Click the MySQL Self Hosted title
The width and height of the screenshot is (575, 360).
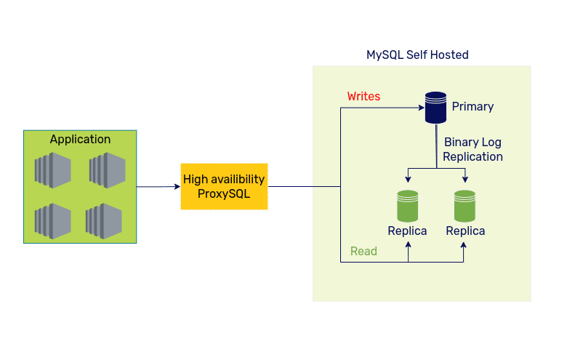tap(417, 55)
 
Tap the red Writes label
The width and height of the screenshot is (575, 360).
tap(363, 96)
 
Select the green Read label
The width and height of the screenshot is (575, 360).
tap(363, 251)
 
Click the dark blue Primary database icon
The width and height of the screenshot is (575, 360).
tap(435, 108)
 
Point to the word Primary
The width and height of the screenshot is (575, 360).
tap(473, 107)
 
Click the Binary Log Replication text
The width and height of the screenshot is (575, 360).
tap(473, 149)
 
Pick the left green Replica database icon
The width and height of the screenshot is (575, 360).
tap(407, 206)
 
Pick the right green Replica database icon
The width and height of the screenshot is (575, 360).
tap(465, 206)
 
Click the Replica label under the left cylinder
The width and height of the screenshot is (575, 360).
tap(407, 231)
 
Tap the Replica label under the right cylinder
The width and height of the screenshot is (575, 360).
tap(465, 231)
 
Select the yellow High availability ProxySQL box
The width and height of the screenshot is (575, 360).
tap(224, 186)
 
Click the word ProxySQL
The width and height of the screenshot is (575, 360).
tap(224, 193)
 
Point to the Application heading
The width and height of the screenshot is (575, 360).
tap(80, 139)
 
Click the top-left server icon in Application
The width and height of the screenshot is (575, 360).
tap(52, 171)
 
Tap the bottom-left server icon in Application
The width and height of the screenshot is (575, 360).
tap(52, 221)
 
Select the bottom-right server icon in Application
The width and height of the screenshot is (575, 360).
tap(103, 221)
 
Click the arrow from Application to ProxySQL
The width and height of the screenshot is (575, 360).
tap(158, 187)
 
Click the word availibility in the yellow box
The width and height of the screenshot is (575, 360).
tap(238, 179)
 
